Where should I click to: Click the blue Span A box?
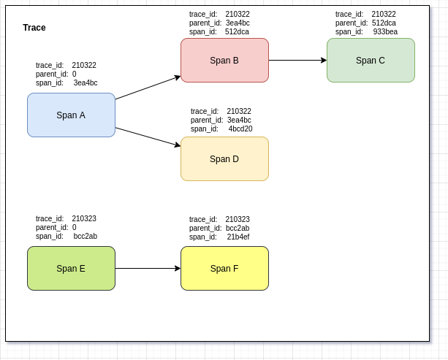(x=71, y=115)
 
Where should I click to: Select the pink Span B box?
(x=224, y=60)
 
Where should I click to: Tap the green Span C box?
(x=371, y=60)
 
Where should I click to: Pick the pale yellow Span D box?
(x=224, y=158)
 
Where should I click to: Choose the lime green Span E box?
(x=71, y=268)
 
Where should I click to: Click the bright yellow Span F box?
(x=224, y=268)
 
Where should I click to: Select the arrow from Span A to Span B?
(x=148, y=88)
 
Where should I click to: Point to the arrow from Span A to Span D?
(x=148, y=137)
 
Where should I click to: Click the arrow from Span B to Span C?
(x=297, y=60)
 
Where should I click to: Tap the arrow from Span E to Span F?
(x=148, y=268)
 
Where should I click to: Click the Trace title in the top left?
(x=34, y=28)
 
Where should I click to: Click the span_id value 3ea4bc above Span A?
(x=86, y=83)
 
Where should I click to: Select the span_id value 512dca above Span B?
(x=238, y=32)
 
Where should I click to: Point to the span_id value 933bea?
(x=385, y=32)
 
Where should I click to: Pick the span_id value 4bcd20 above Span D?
(x=240, y=129)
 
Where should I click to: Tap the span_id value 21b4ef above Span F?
(x=238, y=237)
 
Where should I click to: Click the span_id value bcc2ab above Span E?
(x=86, y=237)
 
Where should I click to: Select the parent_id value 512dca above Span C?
(x=384, y=23)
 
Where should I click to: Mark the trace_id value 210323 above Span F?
(x=238, y=219)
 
